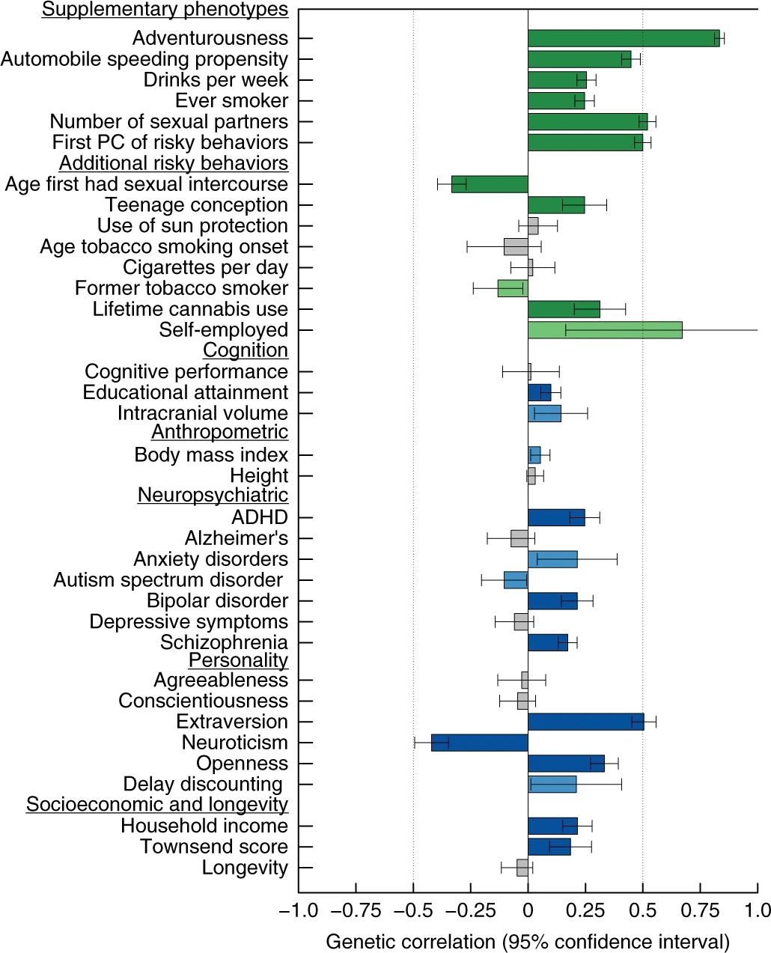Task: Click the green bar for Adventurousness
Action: [623, 38]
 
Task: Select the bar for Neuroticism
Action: [479, 743]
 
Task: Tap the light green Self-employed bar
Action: [605, 330]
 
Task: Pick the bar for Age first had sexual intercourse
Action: [490, 184]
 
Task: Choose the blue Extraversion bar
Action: [585, 722]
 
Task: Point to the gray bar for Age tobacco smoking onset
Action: [516, 247]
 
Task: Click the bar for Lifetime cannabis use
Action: [564, 309]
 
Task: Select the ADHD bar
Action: [556, 517]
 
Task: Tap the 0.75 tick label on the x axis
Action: [700, 910]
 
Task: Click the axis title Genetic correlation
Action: [527, 941]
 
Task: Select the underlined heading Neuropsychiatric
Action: [213, 496]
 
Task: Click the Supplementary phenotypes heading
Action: [165, 10]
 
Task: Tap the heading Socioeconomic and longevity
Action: [157, 805]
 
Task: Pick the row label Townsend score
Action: [214, 847]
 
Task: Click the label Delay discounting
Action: [203, 785]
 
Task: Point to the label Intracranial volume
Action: [202, 413]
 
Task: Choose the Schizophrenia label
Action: [224, 642]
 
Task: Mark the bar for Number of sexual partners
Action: [587, 122]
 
